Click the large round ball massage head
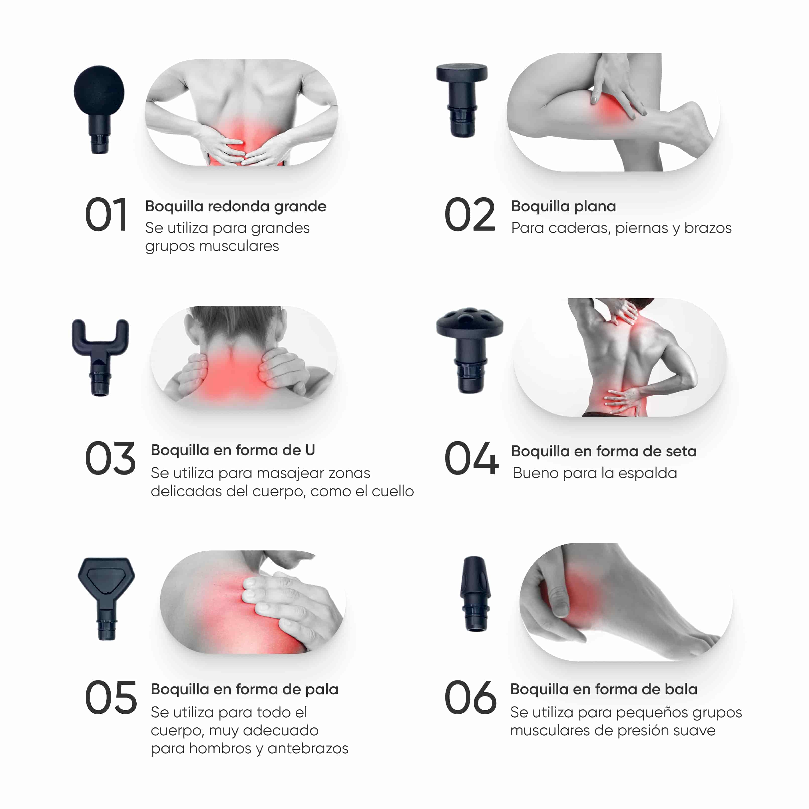click(x=99, y=109)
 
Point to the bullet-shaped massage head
click(x=475, y=594)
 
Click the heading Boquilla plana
click(x=564, y=206)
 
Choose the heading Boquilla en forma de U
click(x=233, y=450)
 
